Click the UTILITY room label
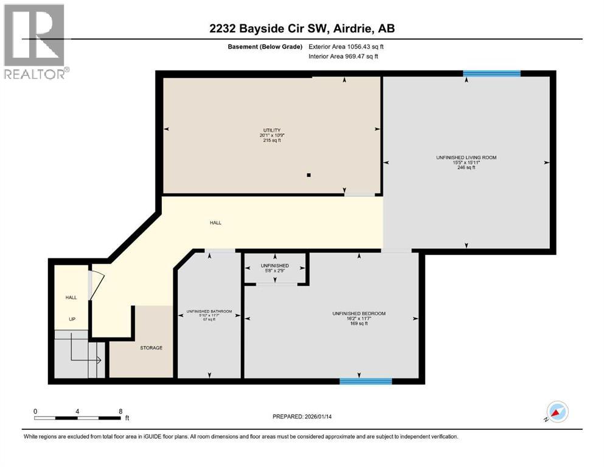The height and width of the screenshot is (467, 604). (271, 130)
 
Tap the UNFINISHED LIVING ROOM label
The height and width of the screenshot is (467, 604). (466, 157)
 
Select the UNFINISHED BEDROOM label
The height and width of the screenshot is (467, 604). (359, 313)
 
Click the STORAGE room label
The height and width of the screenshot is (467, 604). (151, 348)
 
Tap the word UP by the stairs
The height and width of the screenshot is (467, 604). (71, 319)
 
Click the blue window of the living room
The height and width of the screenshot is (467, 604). (491, 74)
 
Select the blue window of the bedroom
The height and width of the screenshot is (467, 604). (365, 381)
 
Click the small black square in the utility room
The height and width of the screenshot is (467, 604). (309, 175)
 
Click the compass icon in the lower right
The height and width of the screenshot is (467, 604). (557, 412)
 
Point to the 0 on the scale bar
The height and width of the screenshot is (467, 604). (36, 411)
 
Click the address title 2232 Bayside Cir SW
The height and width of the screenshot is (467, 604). (302, 29)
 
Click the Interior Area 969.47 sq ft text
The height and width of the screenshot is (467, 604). (344, 57)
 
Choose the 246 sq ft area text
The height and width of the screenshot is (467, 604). (466, 168)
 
